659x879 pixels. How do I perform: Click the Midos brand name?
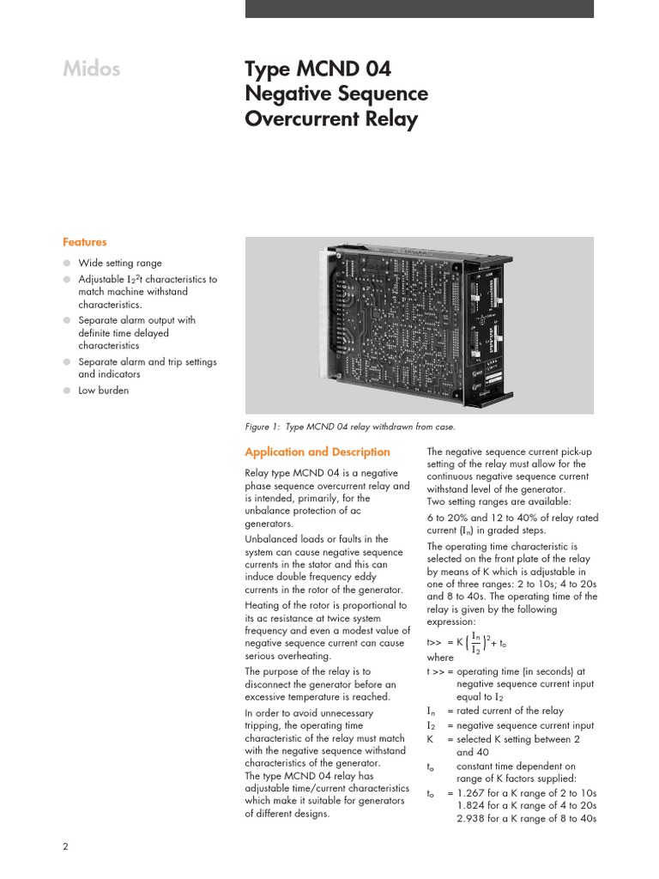pyautogui.click(x=92, y=70)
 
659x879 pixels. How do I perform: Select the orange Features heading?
pyautogui.click(x=84, y=242)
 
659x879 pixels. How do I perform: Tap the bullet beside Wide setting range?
pyautogui.click(x=67, y=264)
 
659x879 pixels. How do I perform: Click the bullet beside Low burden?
pyautogui.click(x=67, y=391)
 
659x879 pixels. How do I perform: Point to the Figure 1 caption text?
pyautogui.click(x=350, y=427)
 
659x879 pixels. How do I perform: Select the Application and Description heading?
pyautogui.click(x=317, y=452)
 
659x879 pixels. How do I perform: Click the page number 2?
pyautogui.click(x=65, y=846)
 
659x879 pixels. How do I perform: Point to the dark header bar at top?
pyautogui.click(x=419, y=9)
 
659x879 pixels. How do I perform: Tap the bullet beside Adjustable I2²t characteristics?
pyautogui.click(x=67, y=280)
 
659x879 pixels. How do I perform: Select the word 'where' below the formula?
pyautogui.click(x=439, y=658)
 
